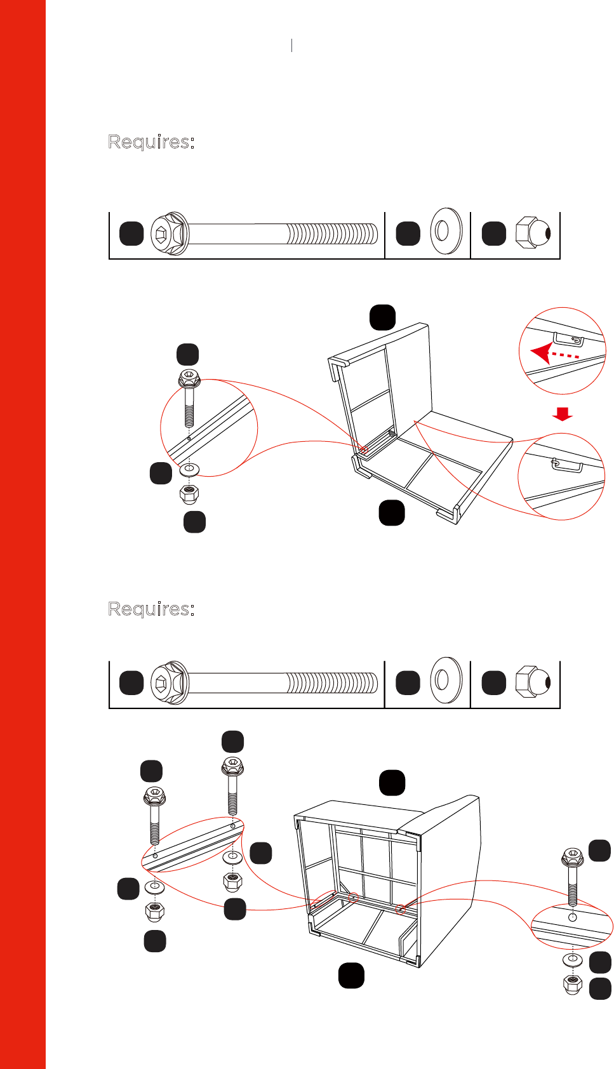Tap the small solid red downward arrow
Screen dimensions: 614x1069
click(x=562, y=414)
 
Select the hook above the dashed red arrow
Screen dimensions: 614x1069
click(x=569, y=338)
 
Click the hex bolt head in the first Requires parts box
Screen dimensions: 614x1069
click(x=170, y=234)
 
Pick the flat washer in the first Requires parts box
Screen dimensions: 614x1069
click(x=446, y=231)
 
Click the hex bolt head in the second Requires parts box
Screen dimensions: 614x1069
click(x=170, y=683)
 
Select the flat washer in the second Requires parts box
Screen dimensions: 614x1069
click(x=446, y=680)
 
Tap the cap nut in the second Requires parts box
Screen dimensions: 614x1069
click(x=533, y=682)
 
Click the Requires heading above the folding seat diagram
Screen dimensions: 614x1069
click(x=151, y=142)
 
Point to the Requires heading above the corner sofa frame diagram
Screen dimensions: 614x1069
click(x=151, y=609)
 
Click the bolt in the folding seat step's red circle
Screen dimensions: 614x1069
click(x=189, y=399)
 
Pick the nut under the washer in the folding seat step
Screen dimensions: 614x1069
click(x=189, y=494)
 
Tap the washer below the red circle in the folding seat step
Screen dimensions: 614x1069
click(x=190, y=469)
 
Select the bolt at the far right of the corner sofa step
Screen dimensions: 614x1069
click(x=573, y=877)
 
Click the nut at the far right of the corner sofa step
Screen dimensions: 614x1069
click(x=573, y=985)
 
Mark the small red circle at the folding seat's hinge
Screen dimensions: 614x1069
click(x=364, y=449)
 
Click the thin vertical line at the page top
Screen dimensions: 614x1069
click(x=291, y=45)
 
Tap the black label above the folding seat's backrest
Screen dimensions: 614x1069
click(x=382, y=317)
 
